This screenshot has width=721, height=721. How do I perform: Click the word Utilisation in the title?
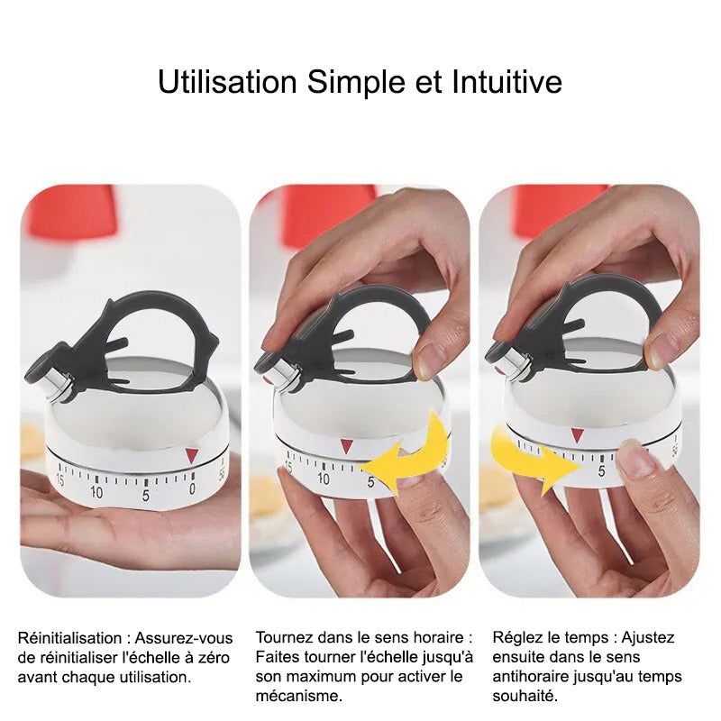pos(227,82)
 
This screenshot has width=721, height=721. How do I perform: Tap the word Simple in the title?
pos(356,83)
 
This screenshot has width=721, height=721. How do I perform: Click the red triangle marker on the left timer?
pos(192,455)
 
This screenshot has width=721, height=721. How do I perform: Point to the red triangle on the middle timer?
pos(347,446)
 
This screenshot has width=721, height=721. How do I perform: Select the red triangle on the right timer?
pos(577,435)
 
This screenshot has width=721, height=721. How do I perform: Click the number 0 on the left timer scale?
pos(192,488)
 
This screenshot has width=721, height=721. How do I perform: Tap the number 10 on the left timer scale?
pos(96,492)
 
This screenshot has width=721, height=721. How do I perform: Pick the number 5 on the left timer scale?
pos(145,495)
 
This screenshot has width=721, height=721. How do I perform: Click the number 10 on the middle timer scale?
pos(324,479)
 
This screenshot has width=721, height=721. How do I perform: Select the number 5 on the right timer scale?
pos(601,470)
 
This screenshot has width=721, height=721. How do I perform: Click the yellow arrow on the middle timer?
pos(405,455)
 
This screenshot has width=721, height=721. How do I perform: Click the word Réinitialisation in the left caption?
pos(70,638)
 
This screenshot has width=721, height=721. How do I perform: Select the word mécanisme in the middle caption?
pos(299,696)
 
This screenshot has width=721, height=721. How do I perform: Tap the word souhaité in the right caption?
pos(525,696)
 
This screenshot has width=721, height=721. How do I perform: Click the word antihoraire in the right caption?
pos(528,677)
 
